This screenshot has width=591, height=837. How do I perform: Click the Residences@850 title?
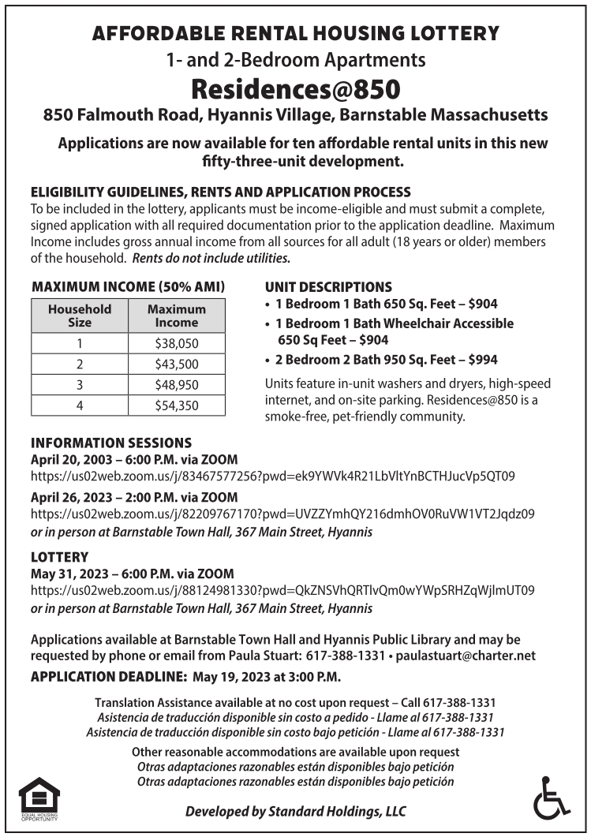(x=295, y=86)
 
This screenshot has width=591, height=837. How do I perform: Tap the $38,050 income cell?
(x=177, y=343)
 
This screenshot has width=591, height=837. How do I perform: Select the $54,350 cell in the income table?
(x=177, y=405)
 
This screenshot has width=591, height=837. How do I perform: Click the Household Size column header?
(x=80, y=316)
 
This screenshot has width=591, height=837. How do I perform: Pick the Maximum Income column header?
(x=177, y=316)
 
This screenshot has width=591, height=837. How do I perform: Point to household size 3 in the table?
(x=80, y=385)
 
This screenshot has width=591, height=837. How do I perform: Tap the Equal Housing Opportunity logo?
(x=39, y=799)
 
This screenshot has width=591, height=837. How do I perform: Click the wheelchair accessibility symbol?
(x=550, y=798)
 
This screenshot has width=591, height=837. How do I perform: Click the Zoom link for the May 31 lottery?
(x=282, y=590)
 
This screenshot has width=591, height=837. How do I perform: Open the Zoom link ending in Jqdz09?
(x=282, y=514)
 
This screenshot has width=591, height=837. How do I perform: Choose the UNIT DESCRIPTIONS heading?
(x=328, y=286)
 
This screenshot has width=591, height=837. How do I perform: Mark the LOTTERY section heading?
(x=59, y=557)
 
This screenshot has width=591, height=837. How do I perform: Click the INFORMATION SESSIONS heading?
(x=110, y=443)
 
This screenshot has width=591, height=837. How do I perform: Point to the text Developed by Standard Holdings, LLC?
(x=295, y=812)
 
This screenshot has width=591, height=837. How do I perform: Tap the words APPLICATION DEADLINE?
(x=107, y=677)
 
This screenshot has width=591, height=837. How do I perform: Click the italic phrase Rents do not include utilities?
(x=211, y=258)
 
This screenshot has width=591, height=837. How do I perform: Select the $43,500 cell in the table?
(x=177, y=364)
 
